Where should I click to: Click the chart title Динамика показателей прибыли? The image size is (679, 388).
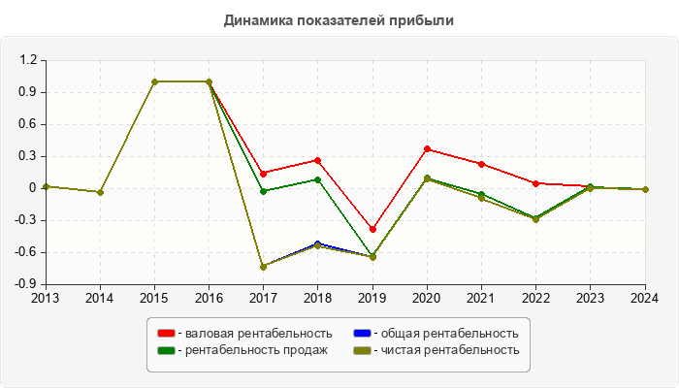coord(339,19)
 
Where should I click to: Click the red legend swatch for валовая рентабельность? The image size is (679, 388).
coord(166,334)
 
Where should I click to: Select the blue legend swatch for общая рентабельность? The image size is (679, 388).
coord(360,334)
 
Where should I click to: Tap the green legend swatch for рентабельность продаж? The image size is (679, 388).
coord(166,350)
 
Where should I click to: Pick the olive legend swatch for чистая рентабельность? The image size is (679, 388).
coord(360,350)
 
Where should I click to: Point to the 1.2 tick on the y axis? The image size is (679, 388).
coord(27,60)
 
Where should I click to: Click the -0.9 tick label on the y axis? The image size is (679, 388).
coord(25,284)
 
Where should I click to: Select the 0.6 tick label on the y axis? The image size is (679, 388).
coord(27,124)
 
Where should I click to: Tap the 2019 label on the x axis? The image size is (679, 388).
coord(372,297)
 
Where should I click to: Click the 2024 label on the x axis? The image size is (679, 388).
coord(645,297)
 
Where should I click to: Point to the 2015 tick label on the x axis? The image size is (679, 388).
coord(154,297)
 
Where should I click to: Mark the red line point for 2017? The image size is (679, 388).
coord(263,174)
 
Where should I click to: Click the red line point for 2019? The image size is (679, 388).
coord(372,229)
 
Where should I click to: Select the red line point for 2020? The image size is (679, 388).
coord(427,148)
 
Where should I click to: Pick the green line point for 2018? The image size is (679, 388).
coord(317,179)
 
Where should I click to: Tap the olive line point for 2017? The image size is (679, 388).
coord(263,267)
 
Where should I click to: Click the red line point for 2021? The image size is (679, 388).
coord(481,164)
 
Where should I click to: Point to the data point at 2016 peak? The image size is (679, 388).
coord(209,81)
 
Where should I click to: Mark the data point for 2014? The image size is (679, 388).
coord(100,192)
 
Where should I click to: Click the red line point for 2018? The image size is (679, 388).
coord(317,160)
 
